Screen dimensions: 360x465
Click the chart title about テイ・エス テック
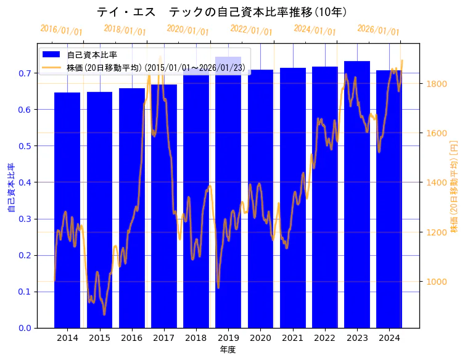222,12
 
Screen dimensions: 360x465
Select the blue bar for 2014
67,210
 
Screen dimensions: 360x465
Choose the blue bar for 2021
293,197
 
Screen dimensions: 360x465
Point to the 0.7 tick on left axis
25,73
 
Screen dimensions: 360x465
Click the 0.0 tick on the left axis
25,328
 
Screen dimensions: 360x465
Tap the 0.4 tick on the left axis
25,182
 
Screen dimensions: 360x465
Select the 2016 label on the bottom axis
131,338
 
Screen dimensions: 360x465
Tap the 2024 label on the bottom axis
389,338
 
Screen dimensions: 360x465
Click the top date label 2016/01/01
61,30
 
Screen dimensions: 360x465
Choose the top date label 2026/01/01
378,30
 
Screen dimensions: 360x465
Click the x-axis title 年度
228,350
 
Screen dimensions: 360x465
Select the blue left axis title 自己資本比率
11,188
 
